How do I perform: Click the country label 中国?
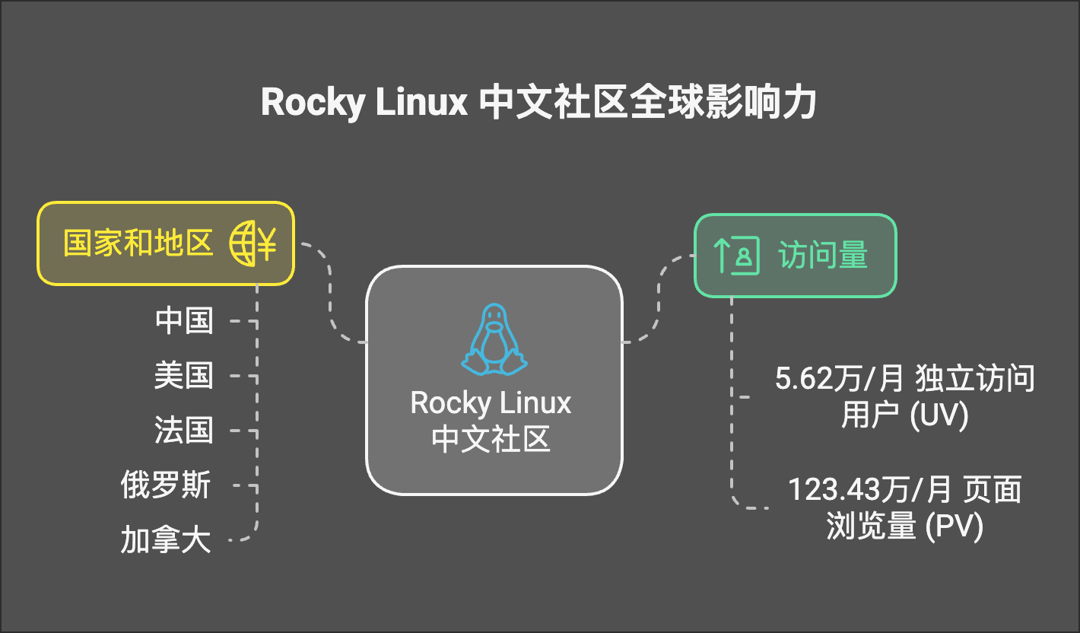tap(183, 321)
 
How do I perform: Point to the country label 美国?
tap(183, 376)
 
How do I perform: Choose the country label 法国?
tap(183, 431)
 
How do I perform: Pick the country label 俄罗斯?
tap(166, 485)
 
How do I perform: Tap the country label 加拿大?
tap(166, 540)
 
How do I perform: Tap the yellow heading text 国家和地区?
tap(138, 243)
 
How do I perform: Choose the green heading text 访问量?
tap(823, 256)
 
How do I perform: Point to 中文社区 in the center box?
tap(491, 440)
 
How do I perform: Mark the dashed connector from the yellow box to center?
tap(330, 297)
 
